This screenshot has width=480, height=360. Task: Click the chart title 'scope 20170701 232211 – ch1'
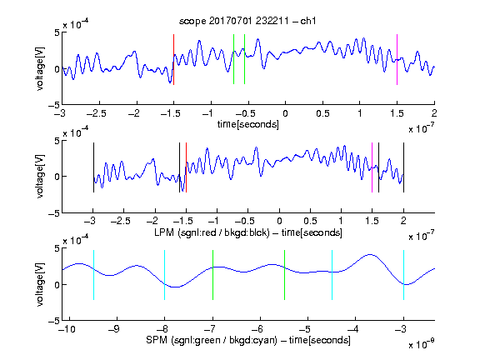pyautogui.click(x=247, y=21)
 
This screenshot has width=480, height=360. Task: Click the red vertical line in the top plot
pyautogui.click(x=173, y=59)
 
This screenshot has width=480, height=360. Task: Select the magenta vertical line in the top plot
pyautogui.click(x=397, y=59)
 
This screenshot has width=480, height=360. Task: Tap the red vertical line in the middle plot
pyautogui.click(x=186, y=167)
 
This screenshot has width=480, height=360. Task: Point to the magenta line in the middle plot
pyautogui.click(x=372, y=167)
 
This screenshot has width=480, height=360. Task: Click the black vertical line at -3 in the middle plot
pyautogui.click(x=93, y=167)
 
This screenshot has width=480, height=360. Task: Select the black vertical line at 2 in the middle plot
pyautogui.click(x=403, y=167)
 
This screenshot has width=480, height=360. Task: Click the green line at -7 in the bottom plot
pyautogui.click(x=212, y=275)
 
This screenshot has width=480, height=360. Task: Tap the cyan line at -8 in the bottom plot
pyautogui.click(x=164, y=275)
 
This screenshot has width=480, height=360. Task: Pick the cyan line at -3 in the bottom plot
pyautogui.click(x=403, y=275)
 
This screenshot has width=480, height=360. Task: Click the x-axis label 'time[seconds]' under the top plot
pyautogui.click(x=248, y=124)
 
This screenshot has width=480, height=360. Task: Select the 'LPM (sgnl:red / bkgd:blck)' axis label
pyautogui.click(x=212, y=232)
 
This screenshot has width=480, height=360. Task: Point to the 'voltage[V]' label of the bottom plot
pyautogui.click(x=40, y=284)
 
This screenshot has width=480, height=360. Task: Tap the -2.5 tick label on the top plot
pyautogui.click(x=96, y=113)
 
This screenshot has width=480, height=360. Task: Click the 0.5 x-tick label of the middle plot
pyautogui.click(x=310, y=221)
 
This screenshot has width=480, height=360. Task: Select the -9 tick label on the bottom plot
pyautogui.click(x=114, y=329)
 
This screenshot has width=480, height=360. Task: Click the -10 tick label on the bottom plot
pyautogui.click(x=67, y=329)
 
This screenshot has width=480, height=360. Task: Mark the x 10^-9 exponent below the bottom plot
pyautogui.click(x=421, y=344)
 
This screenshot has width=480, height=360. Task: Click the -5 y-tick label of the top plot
pyautogui.click(x=54, y=105)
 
